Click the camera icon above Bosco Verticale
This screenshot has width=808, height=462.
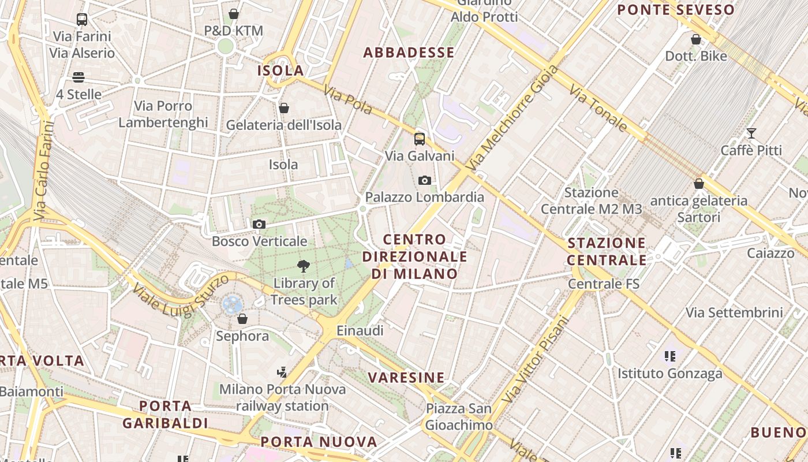(x=259, y=224)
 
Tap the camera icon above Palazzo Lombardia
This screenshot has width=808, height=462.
(x=425, y=180)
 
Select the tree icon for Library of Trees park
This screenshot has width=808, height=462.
(x=304, y=266)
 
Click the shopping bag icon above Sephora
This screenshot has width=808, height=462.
(x=242, y=319)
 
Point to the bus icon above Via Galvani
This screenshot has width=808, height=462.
(x=420, y=139)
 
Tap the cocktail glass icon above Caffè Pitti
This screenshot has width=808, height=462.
(x=751, y=133)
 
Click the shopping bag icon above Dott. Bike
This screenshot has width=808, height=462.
(x=696, y=39)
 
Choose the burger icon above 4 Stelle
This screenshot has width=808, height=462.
(x=78, y=77)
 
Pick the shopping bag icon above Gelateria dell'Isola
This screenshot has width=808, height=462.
(x=283, y=108)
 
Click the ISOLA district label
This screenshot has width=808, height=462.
(x=280, y=70)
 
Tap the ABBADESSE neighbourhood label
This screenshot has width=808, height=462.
(x=409, y=53)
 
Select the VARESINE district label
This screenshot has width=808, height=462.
(x=406, y=378)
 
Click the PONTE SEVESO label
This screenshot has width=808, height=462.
(x=676, y=10)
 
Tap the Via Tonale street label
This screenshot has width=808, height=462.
(x=598, y=108)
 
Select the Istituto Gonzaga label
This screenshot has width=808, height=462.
(x=669, y=374)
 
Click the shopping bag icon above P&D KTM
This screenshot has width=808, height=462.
(x=234, y=14)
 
